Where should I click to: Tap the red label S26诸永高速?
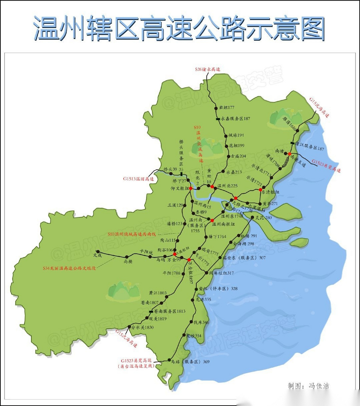(207, 69)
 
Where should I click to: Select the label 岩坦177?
(226, 108)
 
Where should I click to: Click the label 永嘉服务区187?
(235, 119)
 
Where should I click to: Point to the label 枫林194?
(236, 135)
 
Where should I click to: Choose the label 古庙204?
(238, 156)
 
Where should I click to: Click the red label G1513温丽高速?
(138, 179)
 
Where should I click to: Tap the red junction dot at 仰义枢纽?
(191, 188)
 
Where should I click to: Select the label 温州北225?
(227, 186)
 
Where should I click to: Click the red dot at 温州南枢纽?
(212, 220)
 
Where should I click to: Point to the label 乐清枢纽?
(270, 192)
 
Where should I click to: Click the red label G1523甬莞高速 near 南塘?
(326, 166)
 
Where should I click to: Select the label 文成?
(97, 255)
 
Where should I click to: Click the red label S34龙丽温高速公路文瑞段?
(69, 268)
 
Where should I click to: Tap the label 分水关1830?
(142, 327)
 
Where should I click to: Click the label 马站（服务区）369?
(190, 362)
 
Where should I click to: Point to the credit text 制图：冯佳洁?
(308, 386)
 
